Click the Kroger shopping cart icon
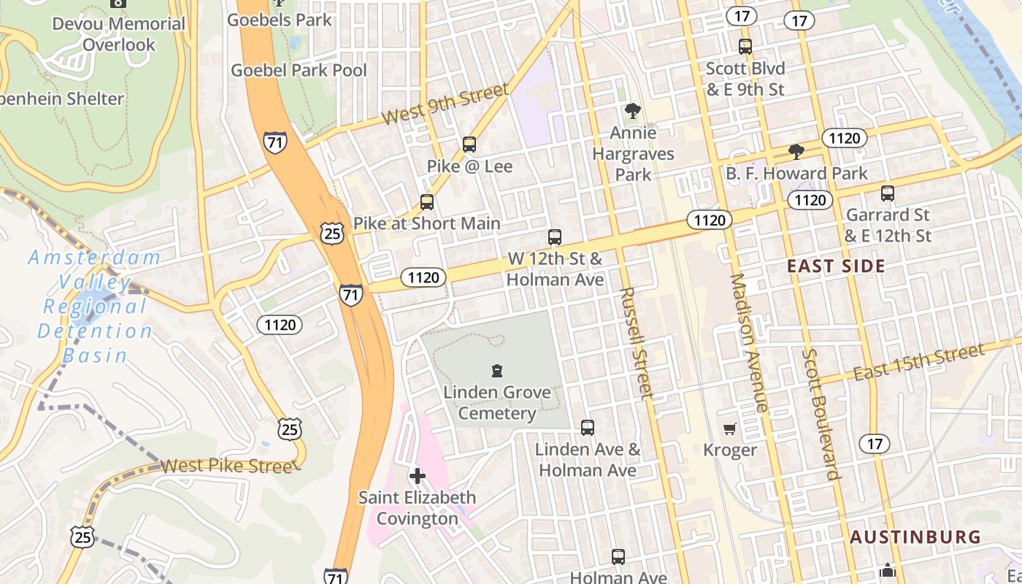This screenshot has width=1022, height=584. (729, 429)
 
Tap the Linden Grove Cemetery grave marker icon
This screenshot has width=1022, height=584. (497, 371)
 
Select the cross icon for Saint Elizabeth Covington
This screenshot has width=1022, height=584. (417, 477)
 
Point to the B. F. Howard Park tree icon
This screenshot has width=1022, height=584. (796, 152)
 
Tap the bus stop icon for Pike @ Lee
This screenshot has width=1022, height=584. (469, 145)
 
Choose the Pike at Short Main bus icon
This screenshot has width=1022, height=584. (427, 202)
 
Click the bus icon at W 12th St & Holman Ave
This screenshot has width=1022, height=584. (555, 237)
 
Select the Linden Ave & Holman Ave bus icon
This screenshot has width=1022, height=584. (588, 428)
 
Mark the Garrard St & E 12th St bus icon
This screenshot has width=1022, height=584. (888, 193)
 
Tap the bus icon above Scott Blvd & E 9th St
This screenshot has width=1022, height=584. (745, 47)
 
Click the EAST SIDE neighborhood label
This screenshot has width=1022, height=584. (836, 266)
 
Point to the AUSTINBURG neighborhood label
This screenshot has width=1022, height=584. (915, 537)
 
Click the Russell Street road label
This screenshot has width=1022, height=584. (635, 343)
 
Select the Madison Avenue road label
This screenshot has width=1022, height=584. (749, 343)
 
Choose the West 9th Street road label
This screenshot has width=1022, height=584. (445, 104)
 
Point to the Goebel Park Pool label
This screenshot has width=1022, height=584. (299, 71)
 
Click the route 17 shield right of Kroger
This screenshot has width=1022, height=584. (875, 443)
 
